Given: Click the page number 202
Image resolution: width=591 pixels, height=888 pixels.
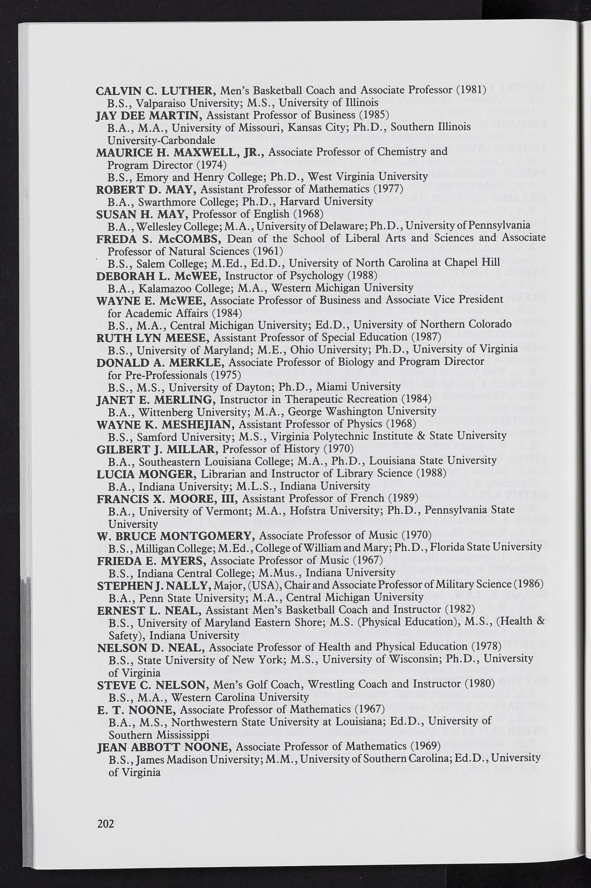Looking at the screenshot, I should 106,824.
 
